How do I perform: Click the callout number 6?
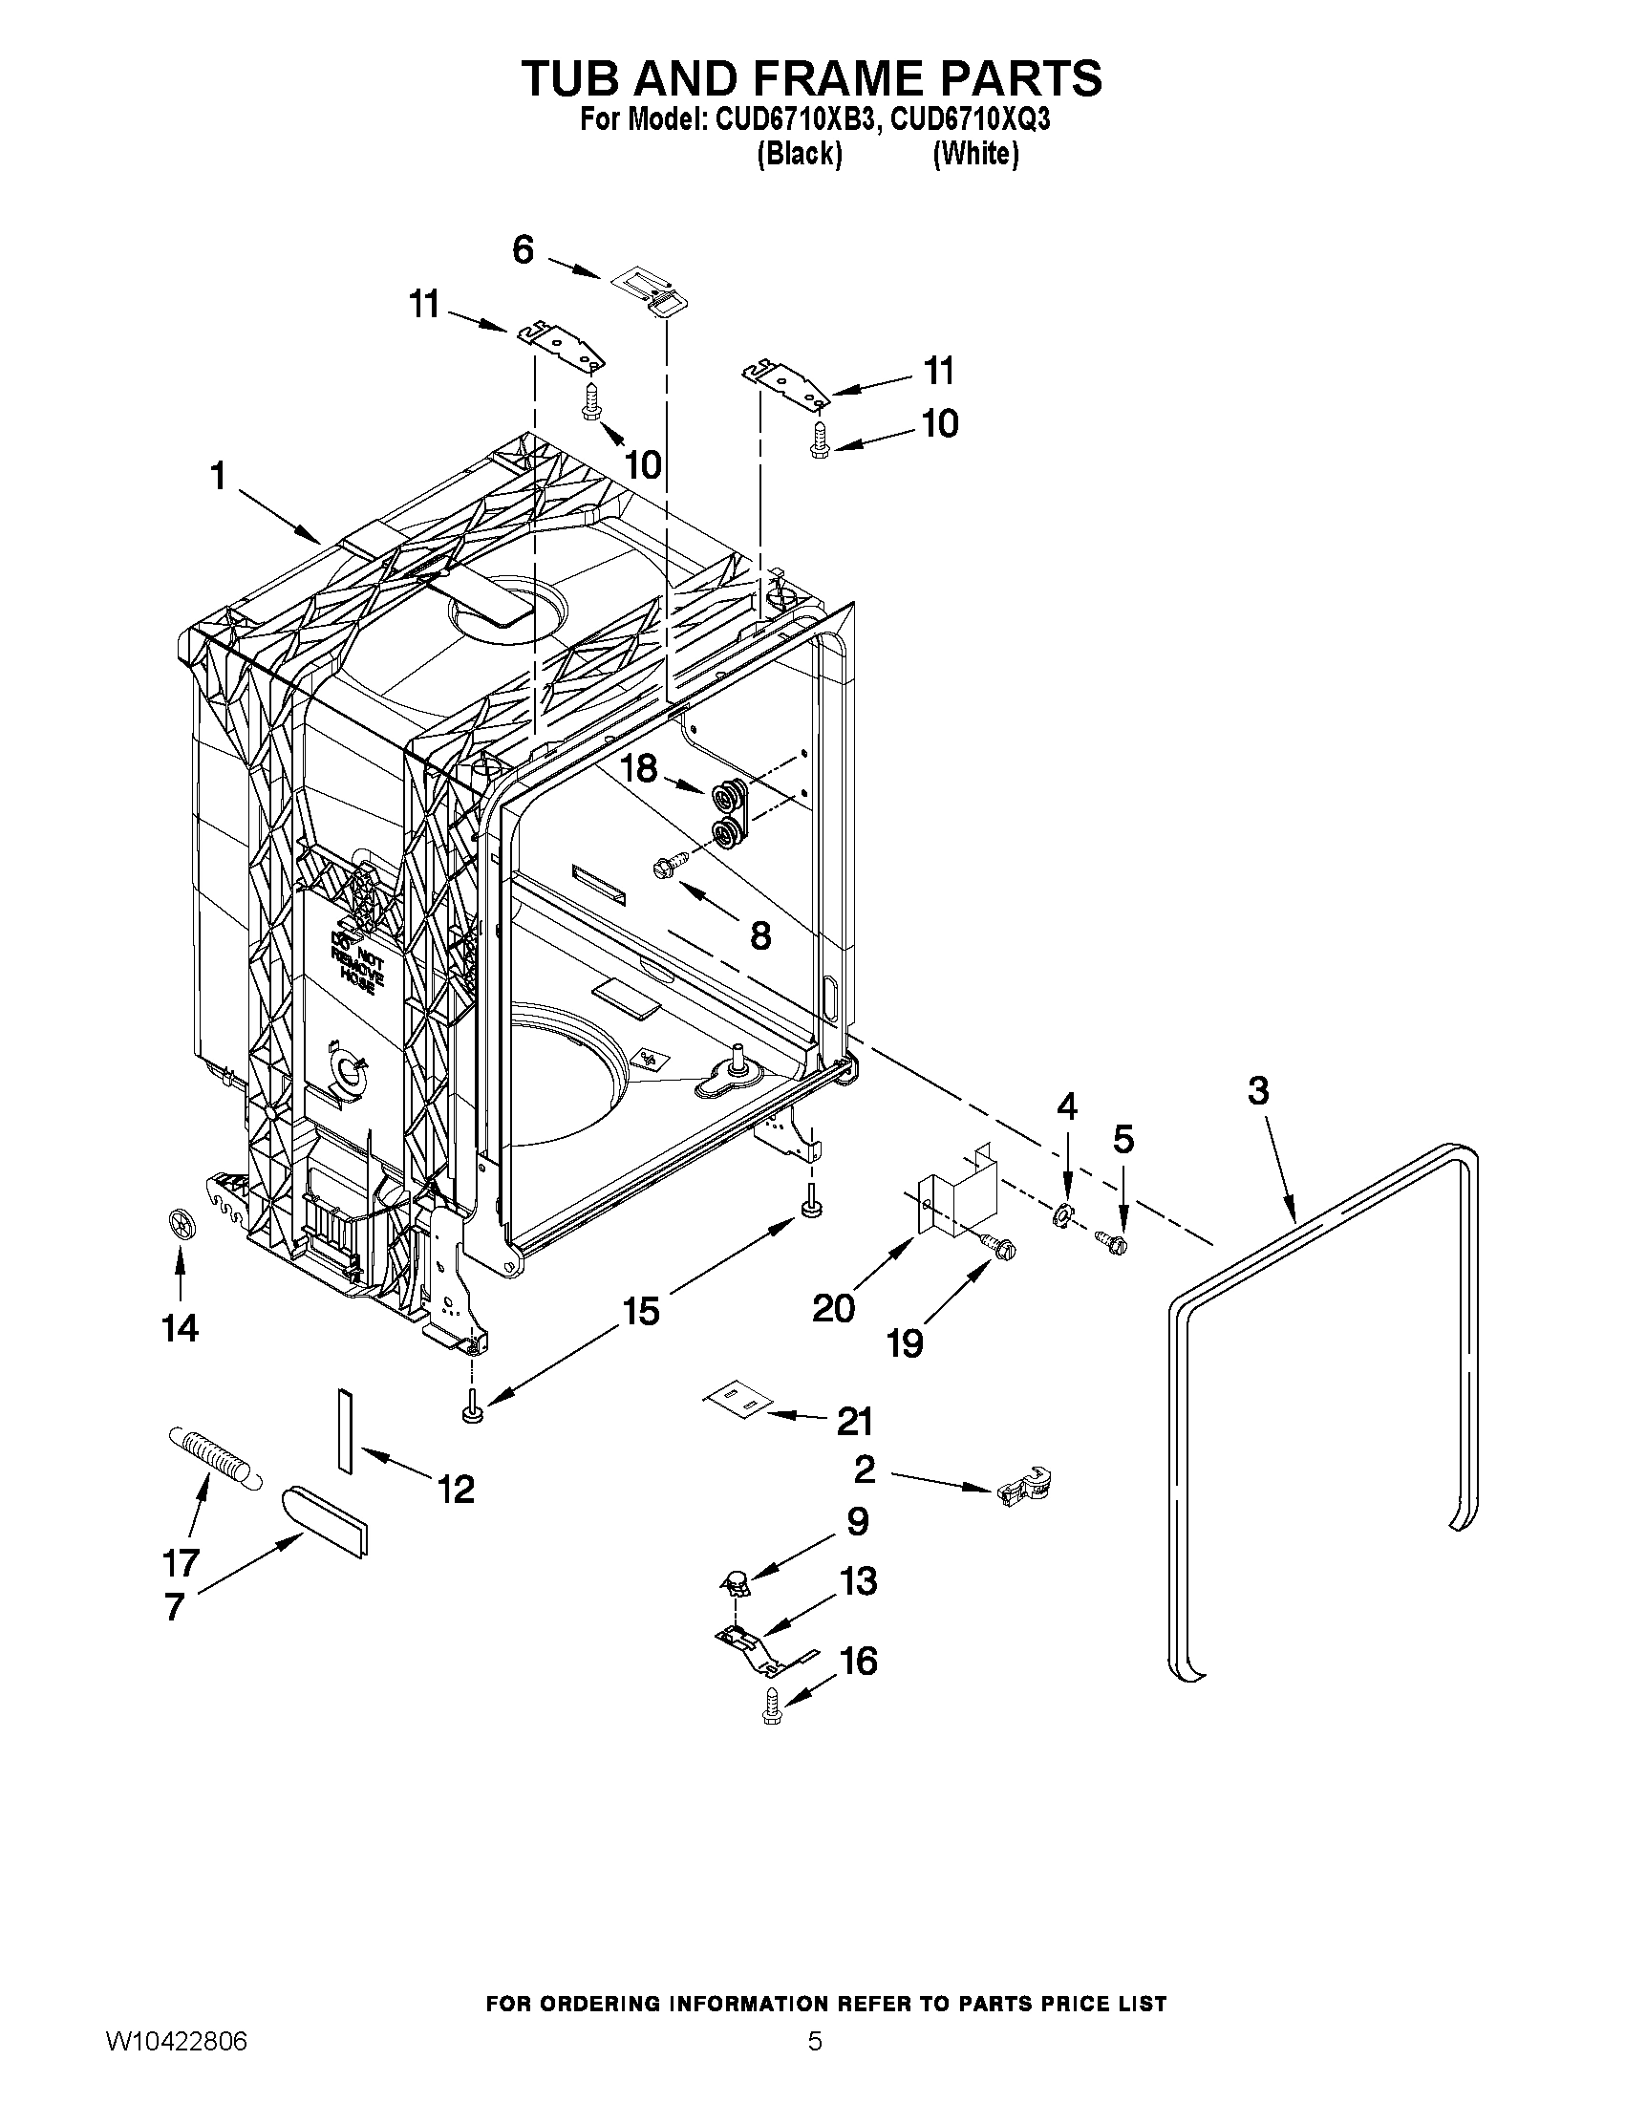(523, 250)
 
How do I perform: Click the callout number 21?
(854, 1421)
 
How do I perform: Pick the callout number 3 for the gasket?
(1258, 1091)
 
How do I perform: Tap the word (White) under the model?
(975, 154)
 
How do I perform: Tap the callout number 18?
(638, 767)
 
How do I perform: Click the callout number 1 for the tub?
(219, 476)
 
